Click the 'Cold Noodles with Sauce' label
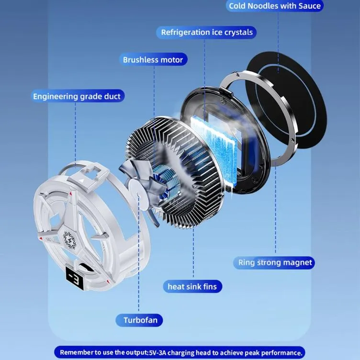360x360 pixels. pos(275,6)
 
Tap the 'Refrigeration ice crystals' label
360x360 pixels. pos(206,33)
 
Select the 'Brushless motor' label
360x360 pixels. pos(153,60)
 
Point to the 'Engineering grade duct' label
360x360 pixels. pos(77,96)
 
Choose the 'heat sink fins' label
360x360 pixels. pos(192,287)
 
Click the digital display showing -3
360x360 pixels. pos(75,278)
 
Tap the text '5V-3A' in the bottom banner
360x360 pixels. pos(157,353)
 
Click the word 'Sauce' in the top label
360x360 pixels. pos(309,6)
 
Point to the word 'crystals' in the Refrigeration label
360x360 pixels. pos(238,33)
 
